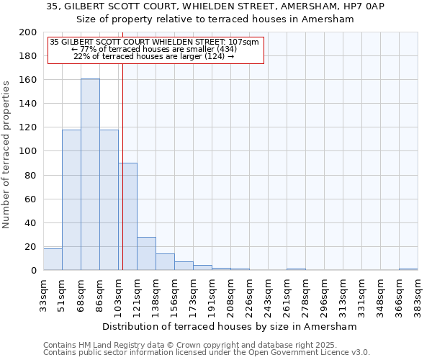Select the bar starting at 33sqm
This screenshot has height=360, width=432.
[x=53, y=260]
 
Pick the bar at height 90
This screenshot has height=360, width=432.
[x=127, y=216]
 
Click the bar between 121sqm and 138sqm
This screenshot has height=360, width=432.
[x=146, y=253]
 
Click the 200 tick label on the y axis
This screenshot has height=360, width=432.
[x=28, y=32]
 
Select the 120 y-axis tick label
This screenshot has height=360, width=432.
[x=28, y=127]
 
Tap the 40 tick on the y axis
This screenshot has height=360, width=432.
[x=31, y=222]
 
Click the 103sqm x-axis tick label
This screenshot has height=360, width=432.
[x=119, y=294]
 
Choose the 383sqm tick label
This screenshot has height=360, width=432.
[x=418, y=294]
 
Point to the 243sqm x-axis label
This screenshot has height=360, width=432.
[x=269, y=294]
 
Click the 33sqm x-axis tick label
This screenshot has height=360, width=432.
[x=44, y=294]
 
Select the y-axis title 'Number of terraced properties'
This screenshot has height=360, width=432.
[x=6, y=154]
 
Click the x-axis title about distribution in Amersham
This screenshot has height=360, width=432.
[x=230, y=326]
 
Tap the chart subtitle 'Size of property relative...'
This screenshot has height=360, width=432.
[x=215, y=19]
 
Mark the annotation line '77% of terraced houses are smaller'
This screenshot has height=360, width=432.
[x=153, y=49]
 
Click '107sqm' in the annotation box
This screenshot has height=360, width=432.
[x=244, y=42]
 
